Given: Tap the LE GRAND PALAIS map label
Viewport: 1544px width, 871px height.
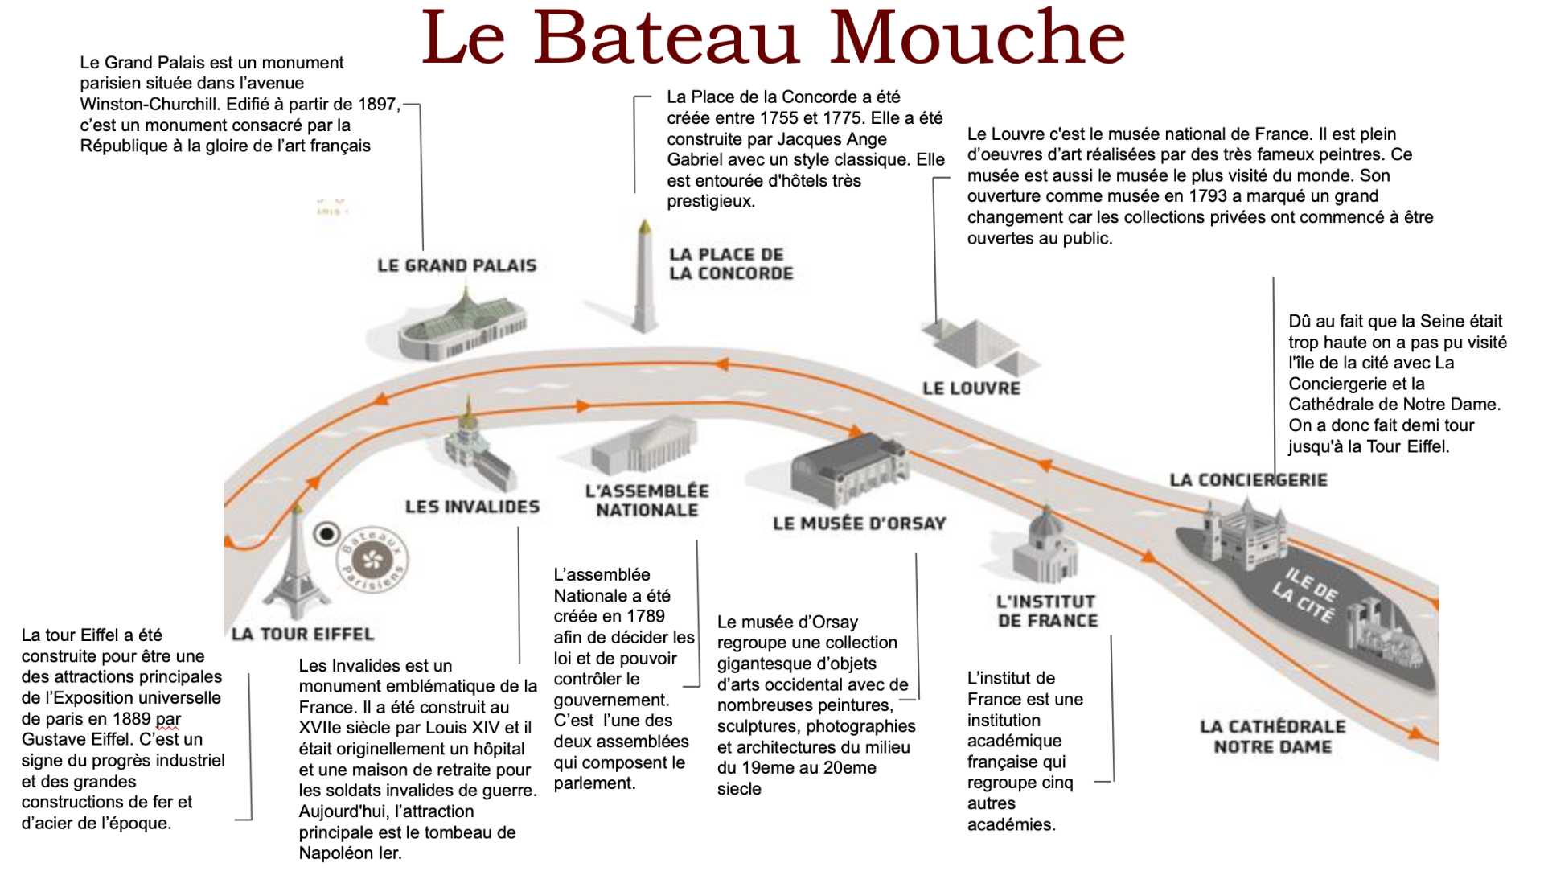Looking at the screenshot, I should tap(456, 265).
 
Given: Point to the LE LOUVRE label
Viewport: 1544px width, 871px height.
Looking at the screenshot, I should tap(971, 388).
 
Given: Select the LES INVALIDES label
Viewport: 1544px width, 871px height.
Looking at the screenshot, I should tap(472, 507).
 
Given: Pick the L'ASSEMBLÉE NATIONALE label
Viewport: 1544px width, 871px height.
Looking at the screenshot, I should tap(647, 500).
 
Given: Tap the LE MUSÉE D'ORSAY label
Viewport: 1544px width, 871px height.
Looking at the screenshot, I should tap(859, 524).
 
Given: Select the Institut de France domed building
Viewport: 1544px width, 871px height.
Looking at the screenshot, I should tap(1045, 547).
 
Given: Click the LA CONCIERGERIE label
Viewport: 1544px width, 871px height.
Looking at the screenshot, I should tap(1248, 480).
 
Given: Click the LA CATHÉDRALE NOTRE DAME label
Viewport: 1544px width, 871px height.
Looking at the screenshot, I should tap(1272, 737).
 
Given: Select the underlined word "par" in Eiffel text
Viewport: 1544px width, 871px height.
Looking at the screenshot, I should tap(168, 719).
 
